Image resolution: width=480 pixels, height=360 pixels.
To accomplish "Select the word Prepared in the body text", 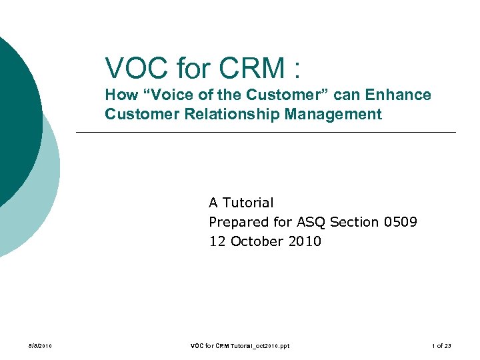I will [x=239, y=222].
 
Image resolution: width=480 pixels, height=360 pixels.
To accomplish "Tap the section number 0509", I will [x=401, y=222].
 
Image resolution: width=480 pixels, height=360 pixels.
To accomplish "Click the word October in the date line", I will [x=257, y=241].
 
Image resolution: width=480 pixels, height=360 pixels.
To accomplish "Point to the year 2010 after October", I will [x=305, y=241].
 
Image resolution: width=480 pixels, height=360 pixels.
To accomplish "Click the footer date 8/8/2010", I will [x=39, y=346].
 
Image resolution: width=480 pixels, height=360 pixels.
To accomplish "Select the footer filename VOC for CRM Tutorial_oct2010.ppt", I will [x=240, y=346].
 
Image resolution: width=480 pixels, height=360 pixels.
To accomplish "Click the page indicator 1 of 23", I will [x=441, y=346].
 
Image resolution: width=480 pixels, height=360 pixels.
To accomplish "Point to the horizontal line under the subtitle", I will [x=267, y=133].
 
